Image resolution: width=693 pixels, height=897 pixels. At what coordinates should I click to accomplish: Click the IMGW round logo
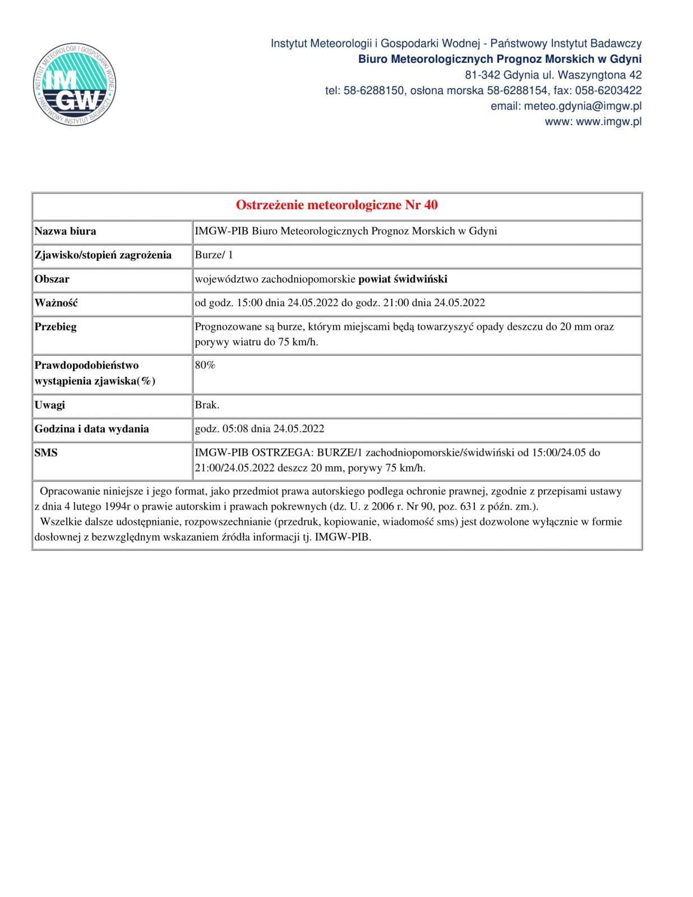[x=75, y=85]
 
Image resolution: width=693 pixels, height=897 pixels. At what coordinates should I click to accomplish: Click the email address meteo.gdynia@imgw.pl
[x=583, y=106]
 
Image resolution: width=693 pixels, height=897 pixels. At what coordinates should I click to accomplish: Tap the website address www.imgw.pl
[x=608, y=122]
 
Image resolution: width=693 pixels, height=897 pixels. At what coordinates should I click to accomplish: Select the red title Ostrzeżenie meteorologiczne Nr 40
[x=336, y=205]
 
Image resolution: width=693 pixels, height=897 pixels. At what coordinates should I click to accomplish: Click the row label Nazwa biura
[x=66, y=231]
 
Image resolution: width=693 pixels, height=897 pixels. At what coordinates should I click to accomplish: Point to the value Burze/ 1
[x=214, y=255]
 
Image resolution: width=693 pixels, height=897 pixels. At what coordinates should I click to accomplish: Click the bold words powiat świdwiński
[x=403, y=279]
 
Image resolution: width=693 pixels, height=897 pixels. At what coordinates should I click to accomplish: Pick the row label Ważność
[x=56, y=303]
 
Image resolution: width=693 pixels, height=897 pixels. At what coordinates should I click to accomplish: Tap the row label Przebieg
[x=56, y=327]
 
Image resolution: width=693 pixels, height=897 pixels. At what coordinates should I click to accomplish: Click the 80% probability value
[x=205, y=366]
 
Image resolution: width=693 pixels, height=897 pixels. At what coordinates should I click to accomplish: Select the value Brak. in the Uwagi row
[x=207, y=405]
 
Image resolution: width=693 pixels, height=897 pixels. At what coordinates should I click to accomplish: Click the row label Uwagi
[x=50, y=405]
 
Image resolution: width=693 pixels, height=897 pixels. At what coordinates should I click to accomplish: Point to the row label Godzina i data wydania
[x=92, y=429]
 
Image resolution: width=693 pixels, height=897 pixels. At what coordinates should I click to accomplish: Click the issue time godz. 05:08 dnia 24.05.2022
[x=259, y=429]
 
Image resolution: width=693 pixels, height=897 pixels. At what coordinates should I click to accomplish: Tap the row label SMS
[x=46, y=453]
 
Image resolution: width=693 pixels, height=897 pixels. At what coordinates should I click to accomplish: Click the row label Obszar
[x=52, y=279]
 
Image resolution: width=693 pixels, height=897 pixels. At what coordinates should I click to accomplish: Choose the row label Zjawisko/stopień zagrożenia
[x=103, y=255]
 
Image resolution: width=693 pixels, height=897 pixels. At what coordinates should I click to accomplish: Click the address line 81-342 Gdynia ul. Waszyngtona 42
[x=553, y=75]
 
